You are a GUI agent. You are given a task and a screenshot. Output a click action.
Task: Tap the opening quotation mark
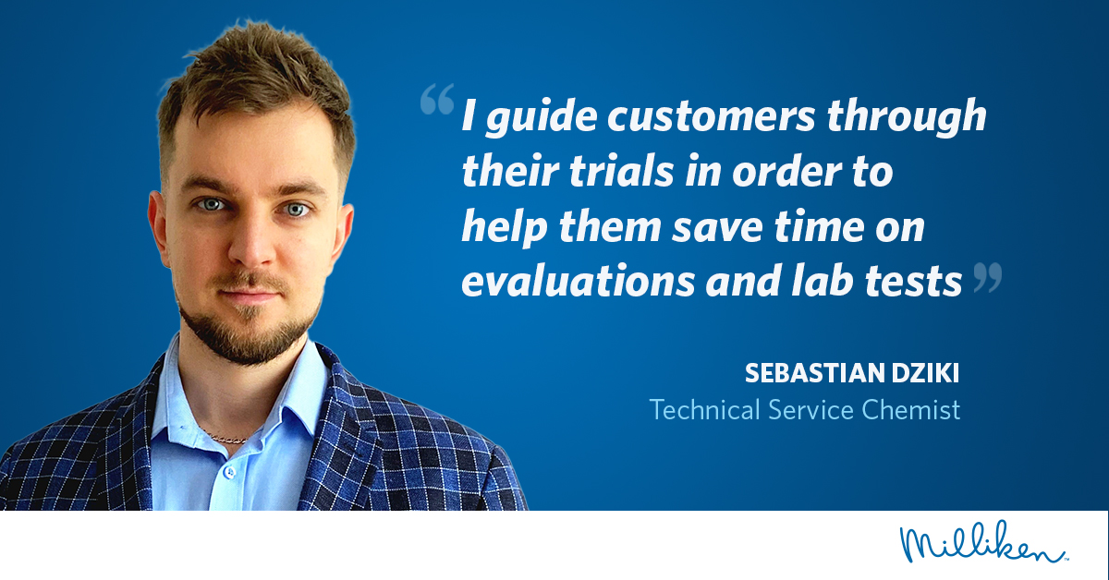[x=437, y=99]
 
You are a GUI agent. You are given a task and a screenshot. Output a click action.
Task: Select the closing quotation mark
[x=988, y=277]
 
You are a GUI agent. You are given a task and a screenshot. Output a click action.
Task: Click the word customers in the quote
[x=711, y=116]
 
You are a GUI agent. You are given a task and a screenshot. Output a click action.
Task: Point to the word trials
[x=622, y=171]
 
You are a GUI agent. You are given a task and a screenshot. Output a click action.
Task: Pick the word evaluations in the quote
[x=579, y=281]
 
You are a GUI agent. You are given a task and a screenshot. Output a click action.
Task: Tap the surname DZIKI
[x=926, y=373]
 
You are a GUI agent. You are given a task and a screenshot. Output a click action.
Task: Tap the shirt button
[x=229, y=472]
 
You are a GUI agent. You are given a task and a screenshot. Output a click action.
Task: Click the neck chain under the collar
[x=226, y=438]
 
